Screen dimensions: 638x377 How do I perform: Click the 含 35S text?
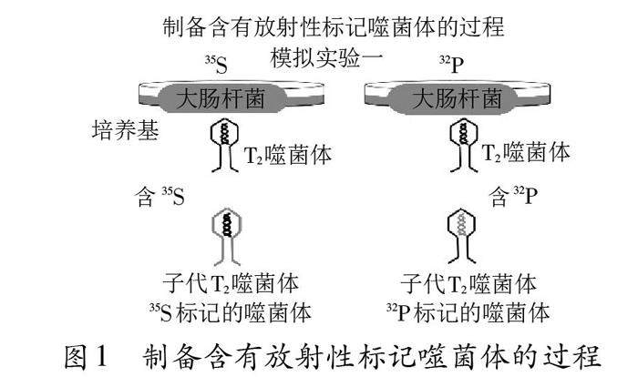(x=160, y=195)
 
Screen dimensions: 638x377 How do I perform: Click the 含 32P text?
(x=510, y=195)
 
